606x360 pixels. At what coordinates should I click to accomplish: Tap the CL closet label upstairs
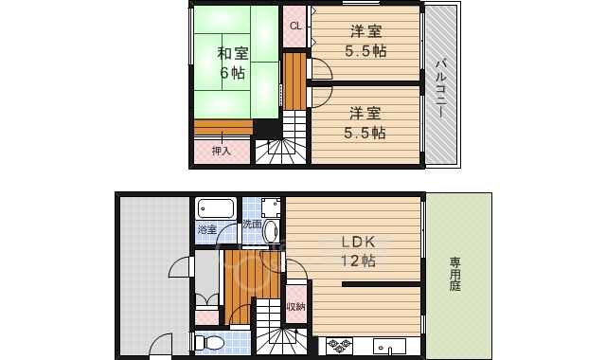coord(294,26)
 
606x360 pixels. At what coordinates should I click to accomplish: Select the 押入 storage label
coord(220,151)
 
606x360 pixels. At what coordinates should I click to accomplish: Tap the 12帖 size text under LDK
coord(359,261)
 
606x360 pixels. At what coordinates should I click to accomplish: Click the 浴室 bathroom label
coord(206,230)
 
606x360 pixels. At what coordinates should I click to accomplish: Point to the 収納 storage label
coord(294,306)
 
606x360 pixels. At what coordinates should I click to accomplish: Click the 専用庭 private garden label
coord(456,274)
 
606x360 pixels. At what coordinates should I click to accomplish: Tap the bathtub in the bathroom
coord(216,207)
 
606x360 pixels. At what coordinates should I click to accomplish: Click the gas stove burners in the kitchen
coord(339,347)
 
